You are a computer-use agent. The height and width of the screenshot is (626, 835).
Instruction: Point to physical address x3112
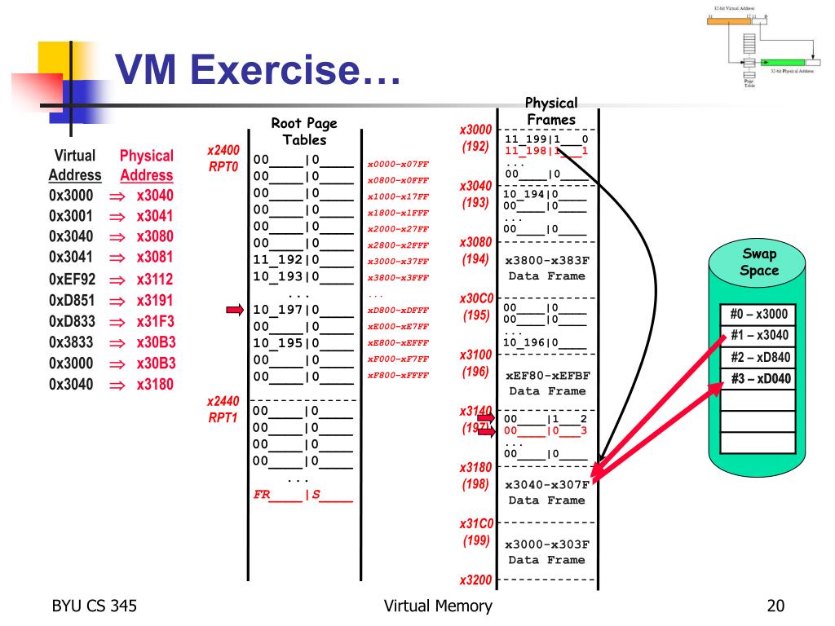coord(155,279)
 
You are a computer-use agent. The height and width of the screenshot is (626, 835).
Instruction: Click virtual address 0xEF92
coord(71,279)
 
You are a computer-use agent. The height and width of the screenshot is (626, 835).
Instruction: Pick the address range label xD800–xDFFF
coord(398,311)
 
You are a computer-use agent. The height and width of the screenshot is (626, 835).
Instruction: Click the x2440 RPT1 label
coord(223,410)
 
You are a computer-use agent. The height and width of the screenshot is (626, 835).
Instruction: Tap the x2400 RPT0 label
coord(223,157)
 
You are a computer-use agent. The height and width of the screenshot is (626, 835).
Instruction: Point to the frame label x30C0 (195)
coord(475,306)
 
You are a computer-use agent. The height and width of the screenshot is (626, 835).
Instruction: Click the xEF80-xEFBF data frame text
coord(546,383)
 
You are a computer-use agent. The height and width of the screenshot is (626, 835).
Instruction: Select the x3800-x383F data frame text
coord(546,268)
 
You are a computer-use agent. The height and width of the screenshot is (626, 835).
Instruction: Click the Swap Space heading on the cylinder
coord(759,262)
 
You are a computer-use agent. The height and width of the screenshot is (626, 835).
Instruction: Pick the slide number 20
coord(775,606)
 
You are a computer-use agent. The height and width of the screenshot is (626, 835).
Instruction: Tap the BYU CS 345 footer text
coord(94,606)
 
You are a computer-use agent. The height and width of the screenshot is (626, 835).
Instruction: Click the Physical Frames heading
coord(551,112)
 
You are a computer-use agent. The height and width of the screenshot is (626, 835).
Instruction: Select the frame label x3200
coord(475,580)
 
